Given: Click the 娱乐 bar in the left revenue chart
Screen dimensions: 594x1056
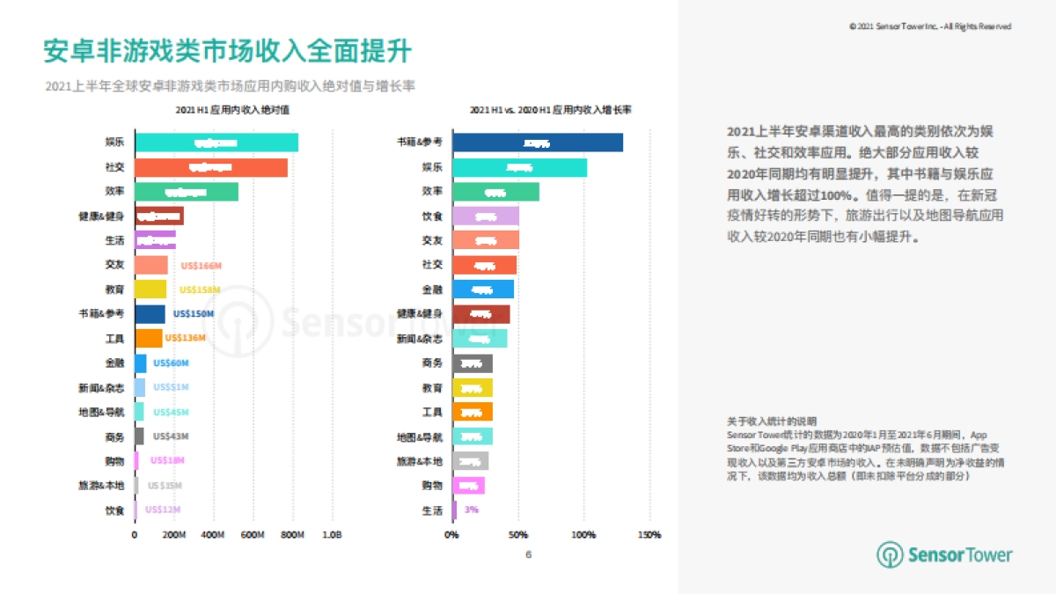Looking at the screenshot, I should pos(216,143).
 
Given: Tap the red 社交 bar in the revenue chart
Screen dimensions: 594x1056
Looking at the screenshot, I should pos(210,167).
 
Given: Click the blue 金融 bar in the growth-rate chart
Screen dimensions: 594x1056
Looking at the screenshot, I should pos(482,290).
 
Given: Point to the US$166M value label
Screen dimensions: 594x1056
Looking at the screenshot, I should pos(199,265).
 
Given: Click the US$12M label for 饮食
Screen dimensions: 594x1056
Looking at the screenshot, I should pos(163,510).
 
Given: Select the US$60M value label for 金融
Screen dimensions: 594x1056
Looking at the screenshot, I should pos(171,363).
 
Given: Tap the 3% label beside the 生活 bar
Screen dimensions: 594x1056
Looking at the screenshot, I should pos(471,510).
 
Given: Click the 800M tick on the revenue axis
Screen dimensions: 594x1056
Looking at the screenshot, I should pos(292,535).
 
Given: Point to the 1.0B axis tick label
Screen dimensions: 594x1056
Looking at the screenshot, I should pos(332,535).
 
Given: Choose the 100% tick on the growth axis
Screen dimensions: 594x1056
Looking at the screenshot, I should pos(583,535).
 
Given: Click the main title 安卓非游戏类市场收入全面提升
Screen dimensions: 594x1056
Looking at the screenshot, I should pos(227,51).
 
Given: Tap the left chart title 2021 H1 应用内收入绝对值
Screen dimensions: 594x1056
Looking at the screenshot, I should pos(232,110).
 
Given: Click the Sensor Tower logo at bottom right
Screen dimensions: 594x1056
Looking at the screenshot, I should pos(944,554).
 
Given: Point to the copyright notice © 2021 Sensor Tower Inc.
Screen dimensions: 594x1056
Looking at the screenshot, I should pos(929,26).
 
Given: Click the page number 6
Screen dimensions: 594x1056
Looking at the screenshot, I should pos(528,554).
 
